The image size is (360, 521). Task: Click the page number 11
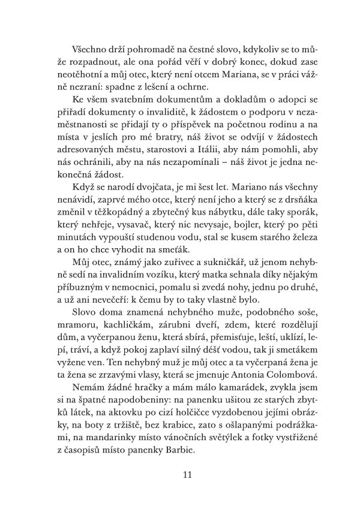click(x=186, y=475)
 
